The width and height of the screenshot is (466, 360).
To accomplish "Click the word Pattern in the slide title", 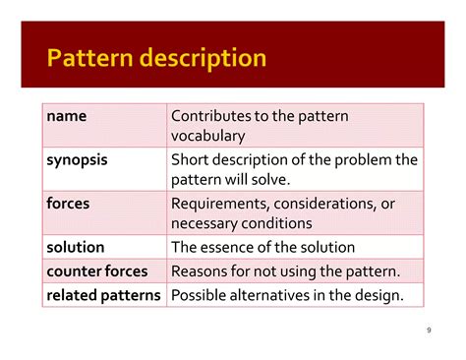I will click(x=88, y=58).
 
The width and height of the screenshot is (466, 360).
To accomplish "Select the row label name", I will click(x=67, y=116).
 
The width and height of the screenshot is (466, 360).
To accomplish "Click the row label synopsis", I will click(x=78, y=159).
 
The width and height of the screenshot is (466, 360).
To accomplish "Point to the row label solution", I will click(x=76, y=247).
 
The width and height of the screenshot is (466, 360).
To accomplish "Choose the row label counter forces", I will click(x=97, y=270).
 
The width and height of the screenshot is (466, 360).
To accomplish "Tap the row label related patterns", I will click(x=103, y=294).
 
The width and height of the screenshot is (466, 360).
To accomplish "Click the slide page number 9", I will click(x=430, y=330).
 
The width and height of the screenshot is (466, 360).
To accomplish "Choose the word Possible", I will click(x=202, y=294).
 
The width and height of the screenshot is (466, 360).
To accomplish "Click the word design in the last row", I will click(x=380, y=294).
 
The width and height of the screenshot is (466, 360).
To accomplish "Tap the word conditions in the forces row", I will click(x=273, y=222).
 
